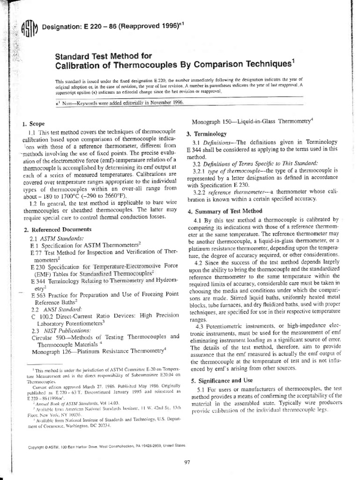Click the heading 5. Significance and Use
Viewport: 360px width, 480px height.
coord(225,380)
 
